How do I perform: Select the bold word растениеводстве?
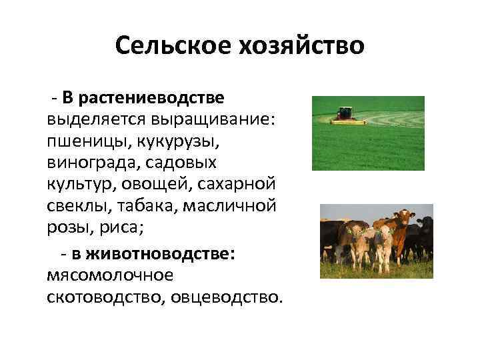[x=151, y=98]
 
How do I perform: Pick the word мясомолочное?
[x=110, y=275]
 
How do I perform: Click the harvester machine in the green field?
[x=345, y=115]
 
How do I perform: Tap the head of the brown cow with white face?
[x=403, y=217]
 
